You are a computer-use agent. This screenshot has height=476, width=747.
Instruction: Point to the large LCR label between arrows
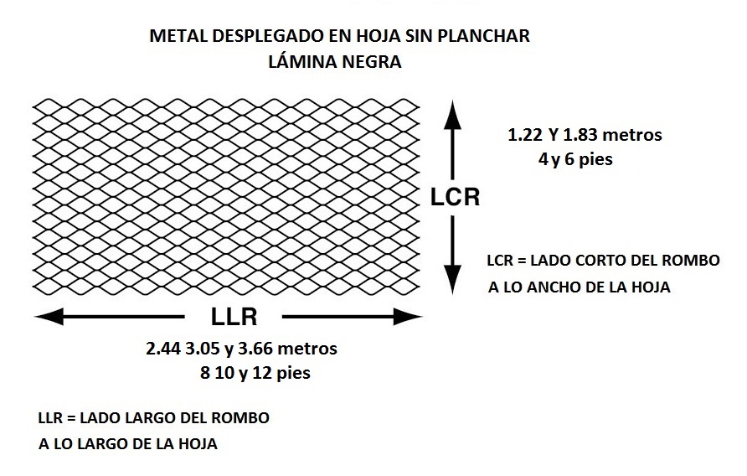455,198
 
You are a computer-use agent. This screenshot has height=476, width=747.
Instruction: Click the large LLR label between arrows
234,317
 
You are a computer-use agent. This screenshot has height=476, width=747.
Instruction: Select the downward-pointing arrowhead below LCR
452,280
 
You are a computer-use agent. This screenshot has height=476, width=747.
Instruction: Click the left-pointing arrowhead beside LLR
49,317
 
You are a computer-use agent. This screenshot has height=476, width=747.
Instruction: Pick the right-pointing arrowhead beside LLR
408,317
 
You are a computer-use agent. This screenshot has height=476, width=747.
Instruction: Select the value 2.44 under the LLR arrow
163,349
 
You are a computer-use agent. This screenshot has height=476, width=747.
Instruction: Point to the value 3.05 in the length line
203,349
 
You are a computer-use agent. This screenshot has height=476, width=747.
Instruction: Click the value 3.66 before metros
255,349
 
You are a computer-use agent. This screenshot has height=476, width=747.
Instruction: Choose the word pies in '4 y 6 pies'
595,159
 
